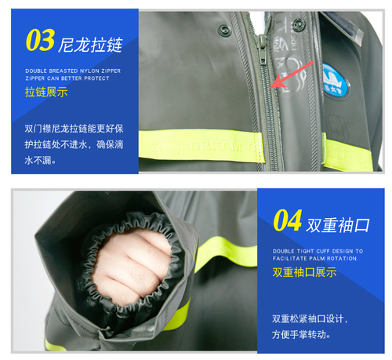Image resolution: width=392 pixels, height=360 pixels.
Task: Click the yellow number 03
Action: tap(39, 40)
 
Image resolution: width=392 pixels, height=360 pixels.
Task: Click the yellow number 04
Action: tap(287, 222)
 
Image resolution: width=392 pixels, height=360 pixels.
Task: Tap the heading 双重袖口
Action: tap(339, 224)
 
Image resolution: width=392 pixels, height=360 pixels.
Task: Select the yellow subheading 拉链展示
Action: tap(45, 93)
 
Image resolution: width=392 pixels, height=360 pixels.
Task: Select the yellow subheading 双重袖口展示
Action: tap(304, 273)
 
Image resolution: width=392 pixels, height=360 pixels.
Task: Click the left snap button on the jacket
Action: tap(227, 31)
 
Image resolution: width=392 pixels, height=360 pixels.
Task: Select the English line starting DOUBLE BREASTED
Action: tap(71, 71)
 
